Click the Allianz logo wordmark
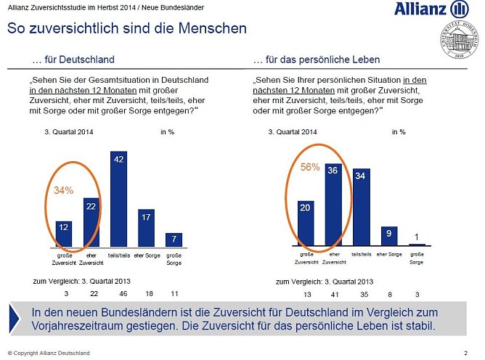click(x=421, y=9)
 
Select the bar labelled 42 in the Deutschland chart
click(x=118, y=200)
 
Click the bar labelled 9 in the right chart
click(x=389, y=236)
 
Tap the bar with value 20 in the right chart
click(x=306, y=224)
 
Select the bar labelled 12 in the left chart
click(x=64, y=234)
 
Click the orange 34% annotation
click(x=65, y=190)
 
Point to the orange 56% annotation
click(x=310, y=166)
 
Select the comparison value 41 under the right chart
click(x=335, y=294)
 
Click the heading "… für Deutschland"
click(x=74, y=60)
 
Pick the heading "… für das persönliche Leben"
click(x=317, y=60)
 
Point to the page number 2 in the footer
click(x=465, y=353)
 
